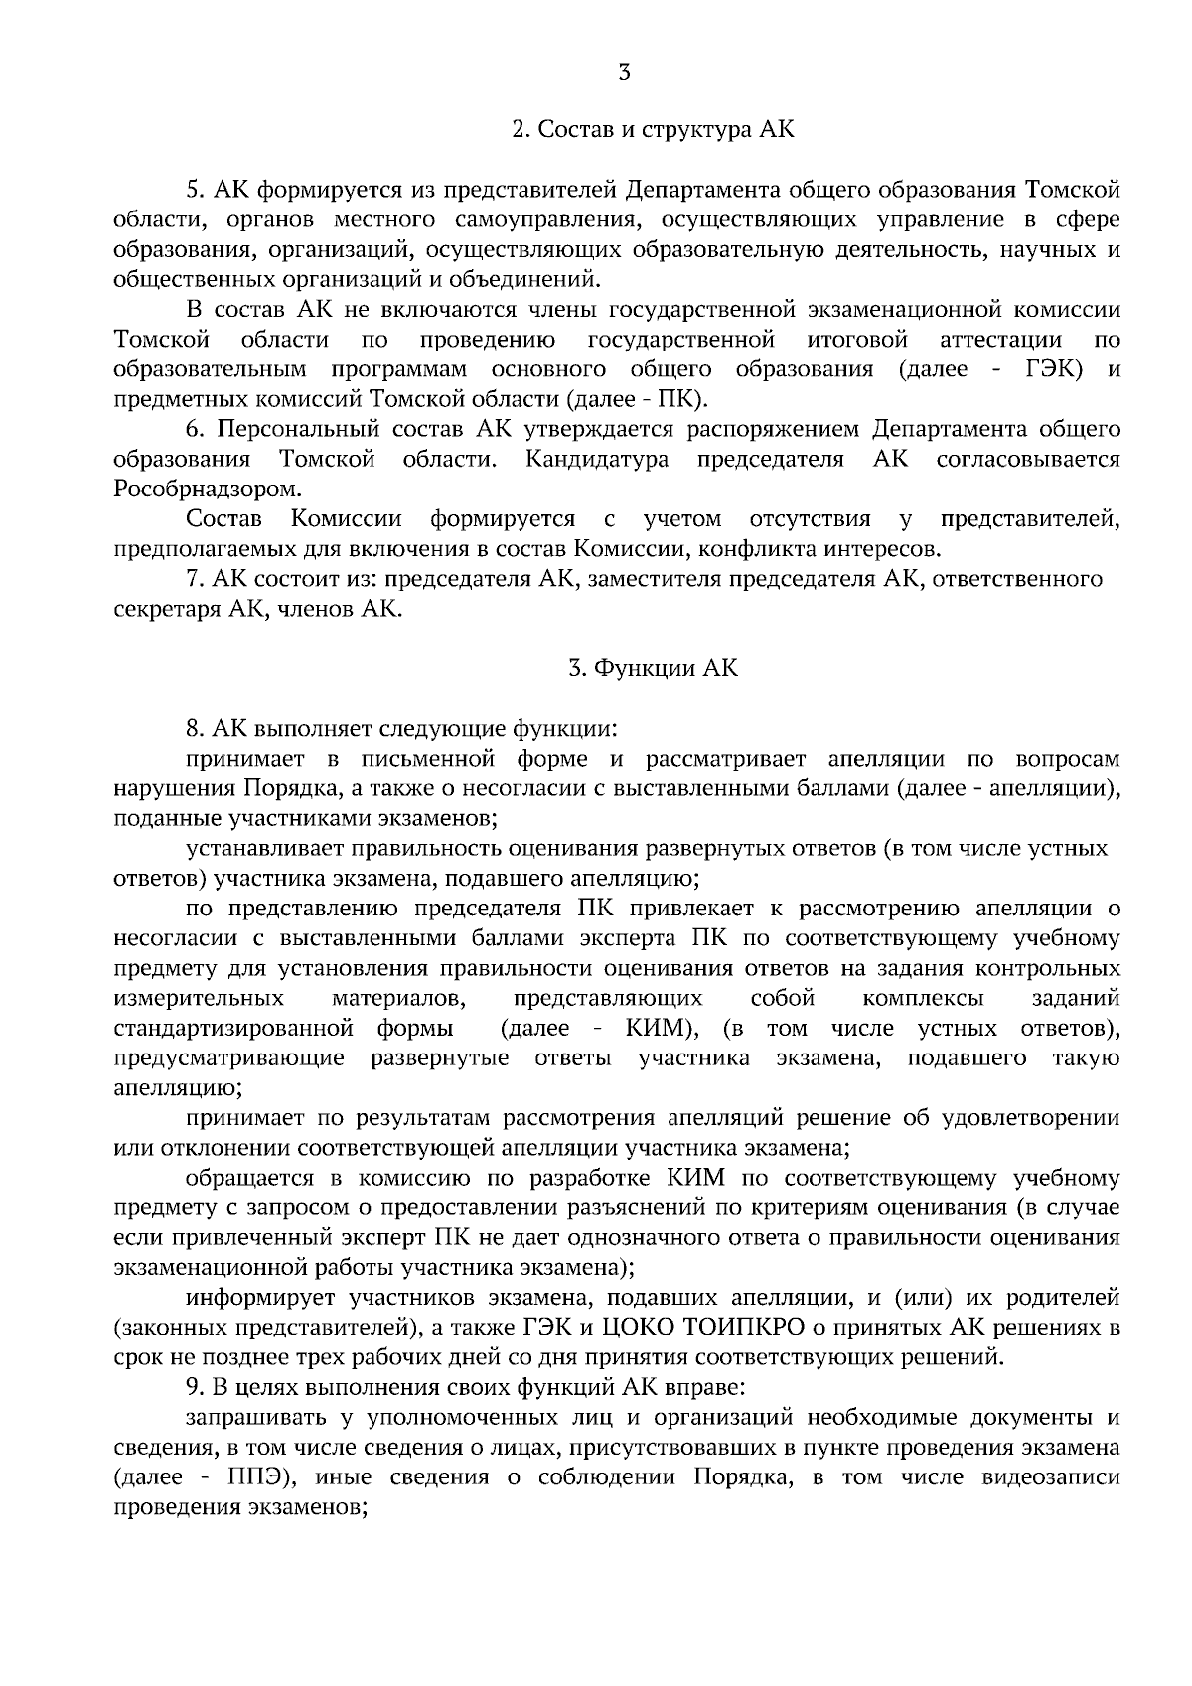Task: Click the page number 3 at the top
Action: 624,71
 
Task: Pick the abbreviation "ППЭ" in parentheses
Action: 257,1476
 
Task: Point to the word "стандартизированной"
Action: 234,1028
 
